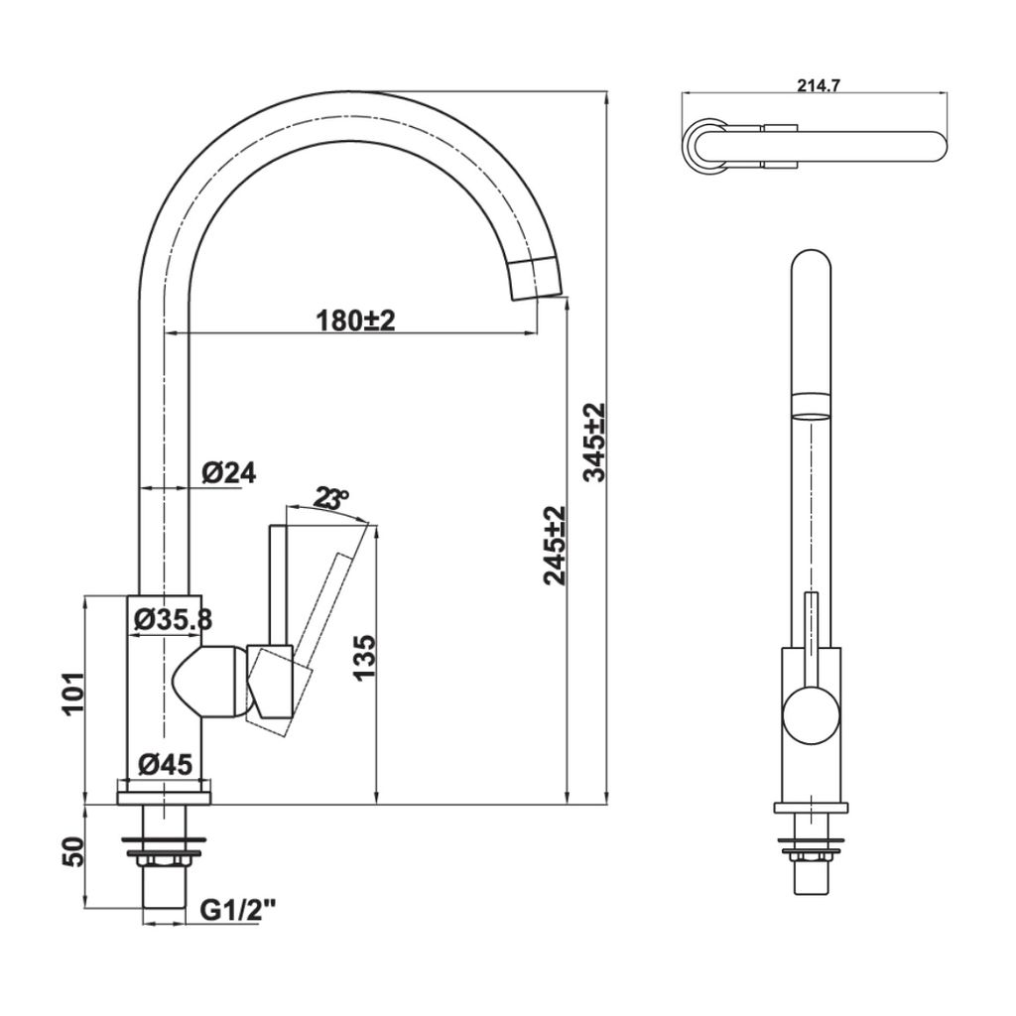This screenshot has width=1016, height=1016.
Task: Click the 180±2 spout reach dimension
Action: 355,319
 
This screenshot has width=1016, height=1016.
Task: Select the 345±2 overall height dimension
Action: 593,443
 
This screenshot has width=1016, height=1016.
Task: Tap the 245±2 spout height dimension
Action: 556,545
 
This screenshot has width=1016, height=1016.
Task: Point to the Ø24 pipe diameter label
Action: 228,473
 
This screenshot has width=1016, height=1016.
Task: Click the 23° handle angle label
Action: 330,498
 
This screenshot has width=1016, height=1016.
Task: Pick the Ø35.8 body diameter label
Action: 172,619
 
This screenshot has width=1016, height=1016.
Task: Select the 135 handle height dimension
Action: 364,657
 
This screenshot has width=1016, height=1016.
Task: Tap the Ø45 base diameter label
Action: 165,764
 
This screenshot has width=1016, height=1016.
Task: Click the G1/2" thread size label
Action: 237,910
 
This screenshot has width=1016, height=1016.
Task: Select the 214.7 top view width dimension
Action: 819,85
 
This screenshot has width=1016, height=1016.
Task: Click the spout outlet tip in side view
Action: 535,282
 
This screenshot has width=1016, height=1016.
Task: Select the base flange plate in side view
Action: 165,795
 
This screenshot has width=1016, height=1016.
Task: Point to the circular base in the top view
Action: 704,146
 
